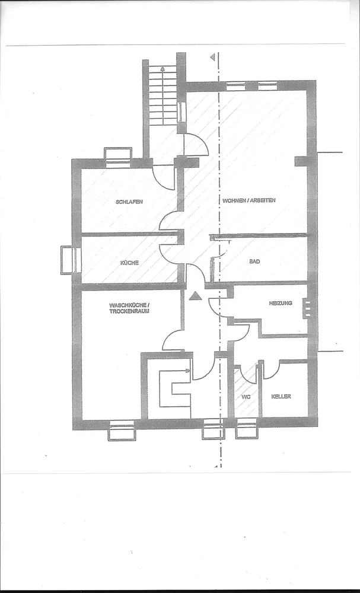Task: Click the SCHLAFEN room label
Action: [x=129, y=202]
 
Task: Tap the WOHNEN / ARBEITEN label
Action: [x=249, y=200]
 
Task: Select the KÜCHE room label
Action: [x=129, y=263]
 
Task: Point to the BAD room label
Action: [x=254, y=262]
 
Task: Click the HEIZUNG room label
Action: [x=281, y=303]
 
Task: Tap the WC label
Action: [x=246, y=397]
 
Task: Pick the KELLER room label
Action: [x=281, y=396]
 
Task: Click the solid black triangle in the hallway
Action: [x=195, y=296]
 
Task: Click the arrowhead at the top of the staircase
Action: [x=163, y=69]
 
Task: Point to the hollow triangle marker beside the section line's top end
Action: [x=213, y=57]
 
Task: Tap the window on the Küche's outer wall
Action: [x=71, y=260]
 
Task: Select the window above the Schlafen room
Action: [x=118, y=157]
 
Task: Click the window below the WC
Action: [x=247, y=429]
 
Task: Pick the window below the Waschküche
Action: [x=122, y=431]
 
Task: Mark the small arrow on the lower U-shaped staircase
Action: [x=187, y=371]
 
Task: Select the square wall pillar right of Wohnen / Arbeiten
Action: [x=301, y=161]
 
